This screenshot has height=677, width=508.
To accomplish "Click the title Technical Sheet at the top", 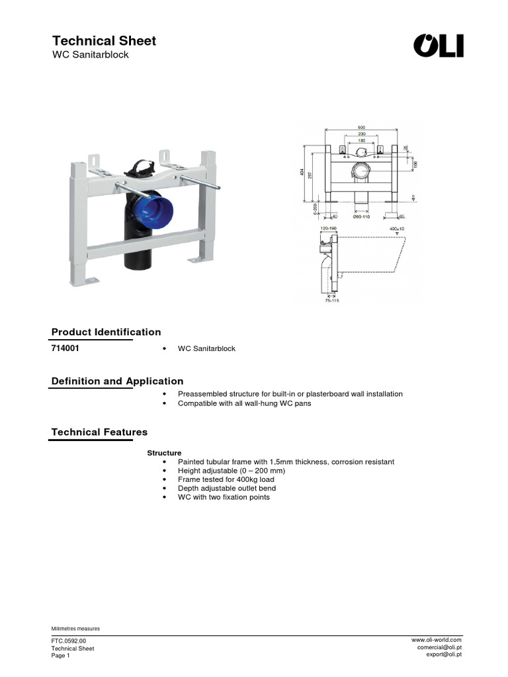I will (x=104, y=40).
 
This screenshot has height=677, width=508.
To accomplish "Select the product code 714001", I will (x=66, y=348).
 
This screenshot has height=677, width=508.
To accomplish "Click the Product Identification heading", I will (x=106, y=332).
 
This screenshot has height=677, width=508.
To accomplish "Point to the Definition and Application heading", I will (x=117, y=381).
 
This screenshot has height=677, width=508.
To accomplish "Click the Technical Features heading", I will (x=99, y=432).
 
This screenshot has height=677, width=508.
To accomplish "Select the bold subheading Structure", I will (x=164, y=453).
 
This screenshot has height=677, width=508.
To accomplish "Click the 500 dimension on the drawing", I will (x=361, y=128).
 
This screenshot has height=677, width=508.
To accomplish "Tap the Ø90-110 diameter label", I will (x=361, y=216).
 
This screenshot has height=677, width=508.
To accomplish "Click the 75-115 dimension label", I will (x=331, y=300).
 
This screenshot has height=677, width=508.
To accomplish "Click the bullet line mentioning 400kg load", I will (x=226, y=479).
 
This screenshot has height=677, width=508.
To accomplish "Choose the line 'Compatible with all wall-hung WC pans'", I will (x=244, y=403).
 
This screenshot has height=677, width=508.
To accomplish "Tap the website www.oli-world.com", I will (x=436, y=639).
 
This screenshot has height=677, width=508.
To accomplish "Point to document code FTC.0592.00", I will (x=69, y=641).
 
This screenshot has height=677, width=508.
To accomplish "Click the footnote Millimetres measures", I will (x=75, y=628).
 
